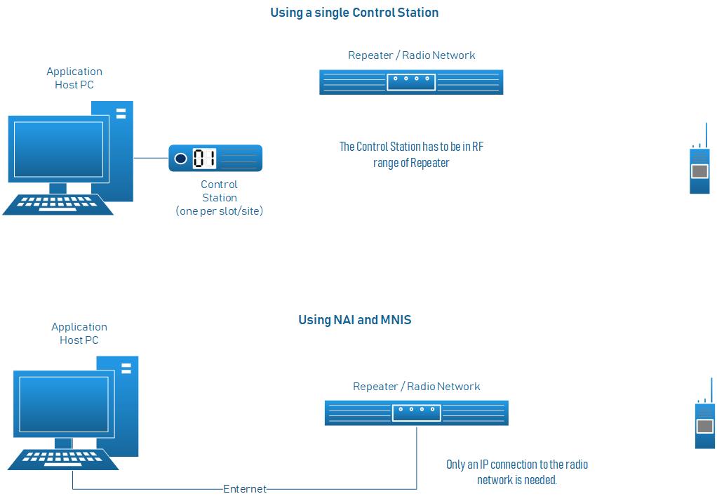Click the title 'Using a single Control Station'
point(354,13)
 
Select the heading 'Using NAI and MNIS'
point(354,320)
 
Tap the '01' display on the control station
point(204,159)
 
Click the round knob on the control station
point(180,159)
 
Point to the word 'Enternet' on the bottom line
point(245,489)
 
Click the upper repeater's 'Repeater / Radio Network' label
point(411,55)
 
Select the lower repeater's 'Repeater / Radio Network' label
point(416,387)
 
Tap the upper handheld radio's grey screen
point(699,171)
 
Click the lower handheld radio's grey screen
point(704,426)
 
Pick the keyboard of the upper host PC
point(58,203)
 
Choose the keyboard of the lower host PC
point(63,459)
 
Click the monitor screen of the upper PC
point(58,149)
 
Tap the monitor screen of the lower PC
point(63,404)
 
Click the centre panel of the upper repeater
point(411,81)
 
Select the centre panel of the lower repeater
point(416,413)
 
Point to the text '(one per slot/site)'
point(219,211)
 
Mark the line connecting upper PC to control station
point(151,158)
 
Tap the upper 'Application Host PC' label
point(74,78)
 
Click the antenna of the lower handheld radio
point(711,389)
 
